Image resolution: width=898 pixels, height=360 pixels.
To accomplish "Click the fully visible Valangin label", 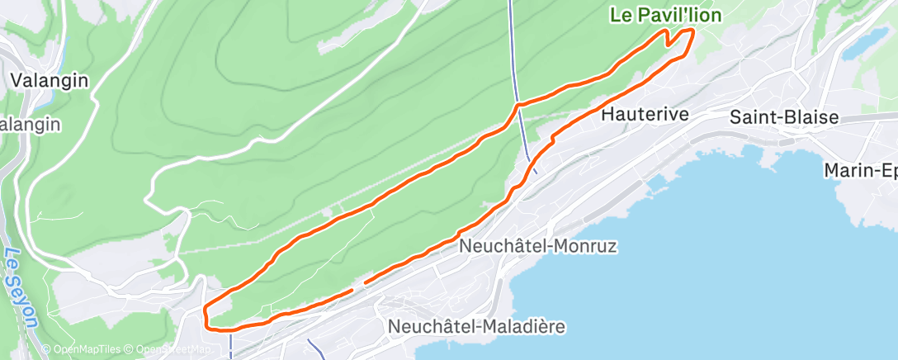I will (x=50, y=80).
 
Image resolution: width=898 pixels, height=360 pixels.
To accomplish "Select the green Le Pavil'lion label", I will (x=665, y=15).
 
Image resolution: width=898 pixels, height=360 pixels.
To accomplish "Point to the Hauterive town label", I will (x=645, y=115).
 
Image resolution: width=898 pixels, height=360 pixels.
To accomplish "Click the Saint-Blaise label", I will (x=783, y=118).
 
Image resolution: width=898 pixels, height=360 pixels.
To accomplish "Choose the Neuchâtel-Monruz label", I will (x=538, y=246).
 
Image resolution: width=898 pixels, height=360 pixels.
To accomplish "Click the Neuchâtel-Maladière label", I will (x=476, y=327).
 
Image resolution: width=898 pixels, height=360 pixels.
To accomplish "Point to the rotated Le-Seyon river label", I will (x=21, y=288).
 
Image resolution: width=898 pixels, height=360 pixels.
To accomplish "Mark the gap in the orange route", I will (x=359, y=287).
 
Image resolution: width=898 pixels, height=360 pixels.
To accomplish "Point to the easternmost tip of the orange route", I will (x=692, y=31).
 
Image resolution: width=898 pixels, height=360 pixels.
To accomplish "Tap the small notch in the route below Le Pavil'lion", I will (x=669, y=40).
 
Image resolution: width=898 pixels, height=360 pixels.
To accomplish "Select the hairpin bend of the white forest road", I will (x=149, y=199).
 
